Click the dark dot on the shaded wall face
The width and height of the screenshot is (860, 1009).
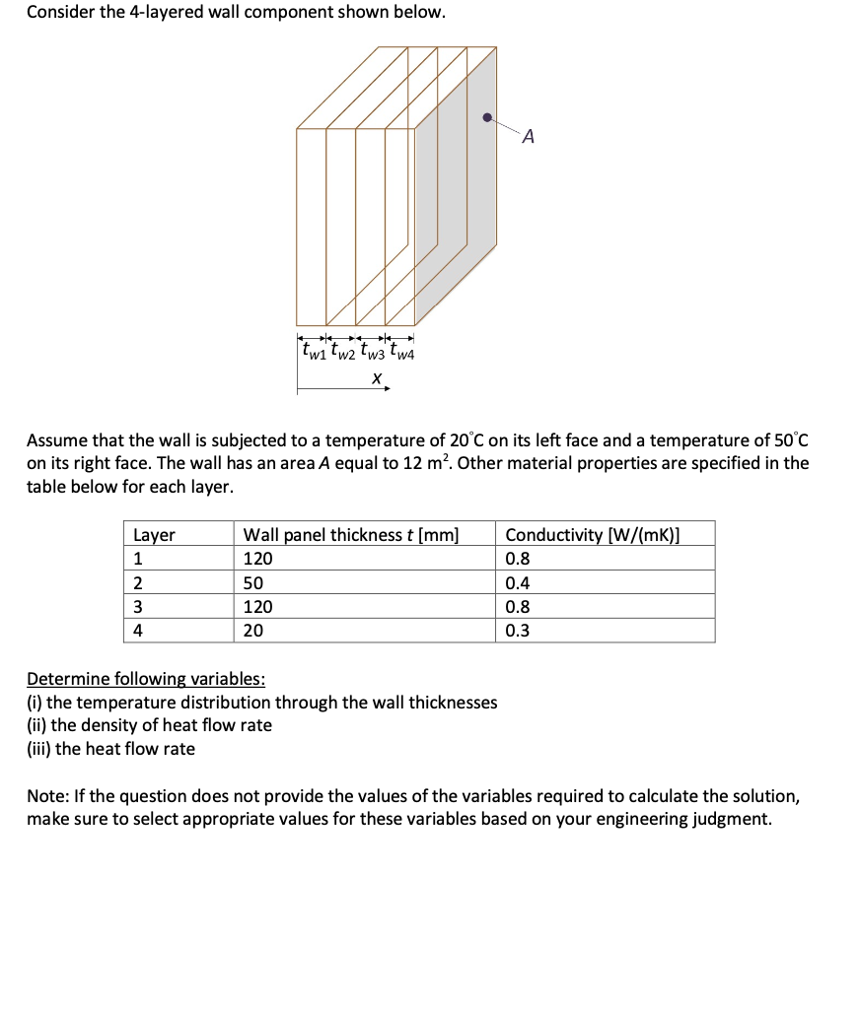[487, 117]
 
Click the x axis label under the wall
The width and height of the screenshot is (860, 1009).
[376, 377]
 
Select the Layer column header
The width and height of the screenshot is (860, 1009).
[154, 535]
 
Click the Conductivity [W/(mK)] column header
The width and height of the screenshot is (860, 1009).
[593, 535]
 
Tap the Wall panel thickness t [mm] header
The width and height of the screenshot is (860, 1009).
[351, 535]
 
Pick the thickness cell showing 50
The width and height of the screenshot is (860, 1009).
[253, 583]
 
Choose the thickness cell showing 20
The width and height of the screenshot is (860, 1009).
[253, 632]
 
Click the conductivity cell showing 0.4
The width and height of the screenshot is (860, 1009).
[517, 583]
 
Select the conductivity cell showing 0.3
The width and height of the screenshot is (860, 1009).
[517, 632]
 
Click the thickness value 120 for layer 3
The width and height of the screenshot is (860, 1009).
[257, 607]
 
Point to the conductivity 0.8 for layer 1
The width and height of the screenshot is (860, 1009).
[517, 559]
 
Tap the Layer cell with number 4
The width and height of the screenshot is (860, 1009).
[138, 632]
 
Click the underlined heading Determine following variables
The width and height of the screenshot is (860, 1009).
[145, 679]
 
